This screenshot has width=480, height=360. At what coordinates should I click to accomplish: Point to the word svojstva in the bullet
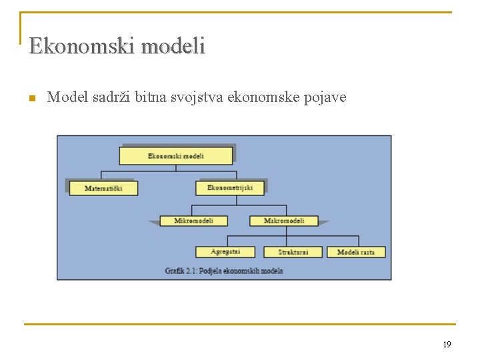(x=200, y=98)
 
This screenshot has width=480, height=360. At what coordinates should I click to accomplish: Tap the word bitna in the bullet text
(x=150, y=98)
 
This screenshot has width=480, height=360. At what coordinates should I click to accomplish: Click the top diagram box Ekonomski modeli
(x=176, y=156)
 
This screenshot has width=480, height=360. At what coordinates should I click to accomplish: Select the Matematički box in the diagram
(x=103, y=188)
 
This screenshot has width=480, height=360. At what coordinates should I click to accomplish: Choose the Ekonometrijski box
(x=230, y=188)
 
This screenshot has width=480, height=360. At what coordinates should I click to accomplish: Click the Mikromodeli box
(x=193, y=221)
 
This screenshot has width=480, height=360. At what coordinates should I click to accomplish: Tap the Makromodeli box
(x=284, y=221)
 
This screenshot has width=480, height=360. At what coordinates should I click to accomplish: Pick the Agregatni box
(x=225, y=252)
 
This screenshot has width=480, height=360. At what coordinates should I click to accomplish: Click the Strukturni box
(x=293, y=252)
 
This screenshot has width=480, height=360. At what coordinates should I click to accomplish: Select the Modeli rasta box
(x=356, y=252)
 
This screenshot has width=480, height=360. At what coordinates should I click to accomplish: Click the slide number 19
(x=447, y=344)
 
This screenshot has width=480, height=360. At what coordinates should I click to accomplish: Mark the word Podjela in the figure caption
(x=213, y=271)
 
